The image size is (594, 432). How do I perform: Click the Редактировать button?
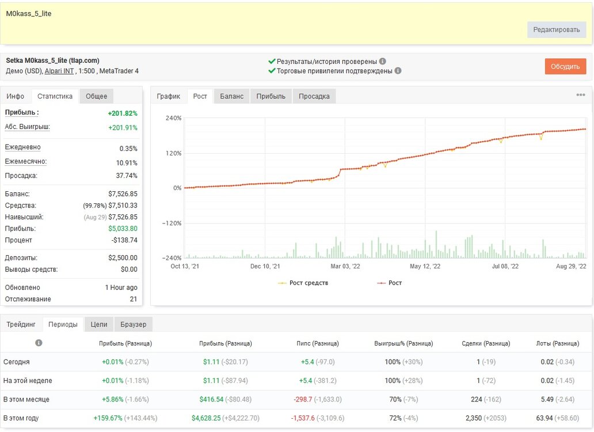pyautogui.click(x=556, y=29)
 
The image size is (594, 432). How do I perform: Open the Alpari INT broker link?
pyautogui.click(x=59, y=71)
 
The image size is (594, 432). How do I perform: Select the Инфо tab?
pyautogui.click(x=15, y=96)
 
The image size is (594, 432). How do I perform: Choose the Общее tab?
pyautogui.click(x=96, y=96)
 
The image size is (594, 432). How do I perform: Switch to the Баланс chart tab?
pyautogui.click(x=231, y=96)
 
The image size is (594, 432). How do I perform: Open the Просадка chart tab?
pyautogui.click(x=314, y=96)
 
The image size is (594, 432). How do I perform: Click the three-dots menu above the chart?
pyautogui.click(x=580, y=94)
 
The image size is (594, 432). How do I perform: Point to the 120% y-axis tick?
pyautogui.click(x=173, y=153)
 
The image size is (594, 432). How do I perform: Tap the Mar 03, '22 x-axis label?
pyautogui.click(x=345, y=266)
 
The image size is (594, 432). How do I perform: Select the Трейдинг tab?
pyautogui.click(x=21, y=324)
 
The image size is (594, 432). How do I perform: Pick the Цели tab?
pyautogui.click(x=99, y=324)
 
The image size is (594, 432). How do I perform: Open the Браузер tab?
pyautogui.click(x=134, y=324)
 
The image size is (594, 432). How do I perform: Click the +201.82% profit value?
pyautogui.click(x=123, y=113)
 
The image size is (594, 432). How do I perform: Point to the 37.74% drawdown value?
pyautogui.click(x=127, y=176)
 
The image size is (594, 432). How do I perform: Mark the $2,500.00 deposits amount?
pyautogui.click(x=123, y=257)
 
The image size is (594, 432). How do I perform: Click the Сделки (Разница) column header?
pyautogui.click(x=486, y=343)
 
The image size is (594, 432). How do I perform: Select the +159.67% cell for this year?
pyautogui.click(x=108, y=418)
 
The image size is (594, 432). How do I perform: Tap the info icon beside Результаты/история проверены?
pyautogui.click(x=383, y=61)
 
